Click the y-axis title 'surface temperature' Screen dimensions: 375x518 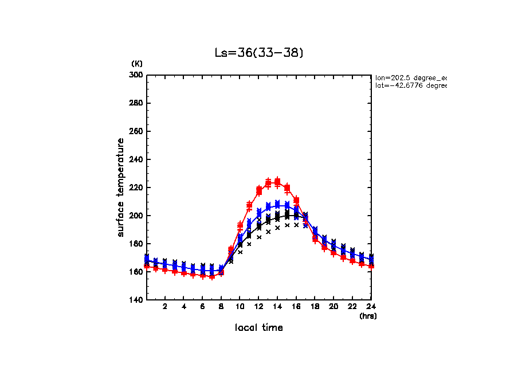point(121,187)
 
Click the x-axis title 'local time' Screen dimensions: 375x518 point(258,328)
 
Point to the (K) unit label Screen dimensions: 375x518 point(137,64)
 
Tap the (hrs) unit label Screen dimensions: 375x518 point(367,315)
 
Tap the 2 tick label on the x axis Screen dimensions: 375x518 point(165,307)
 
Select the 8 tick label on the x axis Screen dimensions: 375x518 point(221,307)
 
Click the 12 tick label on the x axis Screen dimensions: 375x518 point(258,307)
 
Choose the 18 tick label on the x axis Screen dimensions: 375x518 point(315,307)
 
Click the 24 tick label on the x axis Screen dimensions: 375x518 point(371,307)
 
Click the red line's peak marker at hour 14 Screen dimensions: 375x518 point(277,182)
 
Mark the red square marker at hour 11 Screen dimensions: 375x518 point(249,205)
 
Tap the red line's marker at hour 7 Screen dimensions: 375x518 point(212,276)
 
